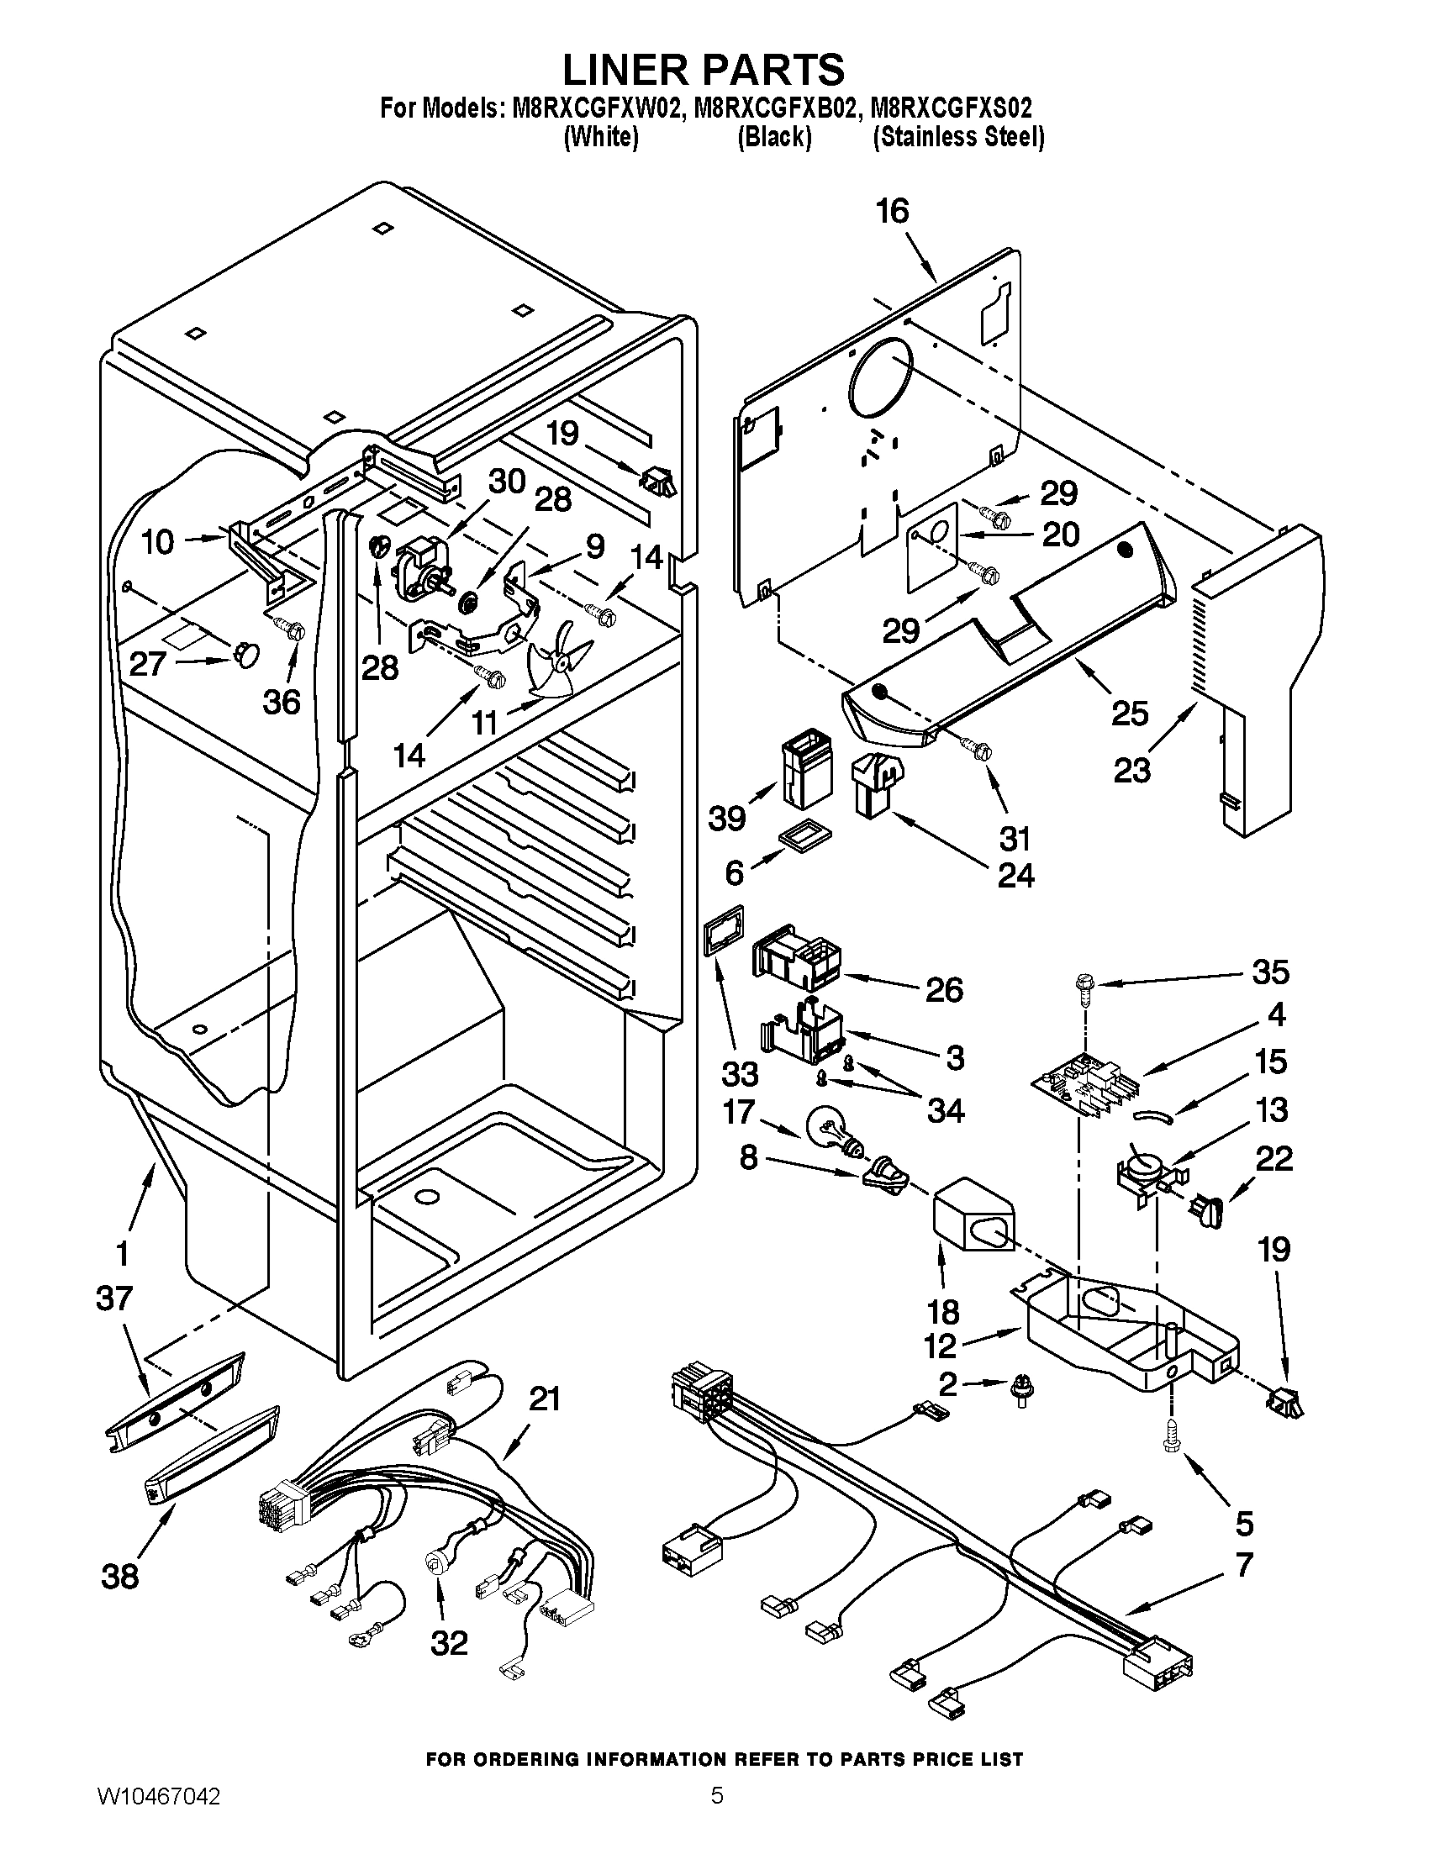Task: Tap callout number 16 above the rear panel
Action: (891, 211)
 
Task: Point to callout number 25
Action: (1130, 713)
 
